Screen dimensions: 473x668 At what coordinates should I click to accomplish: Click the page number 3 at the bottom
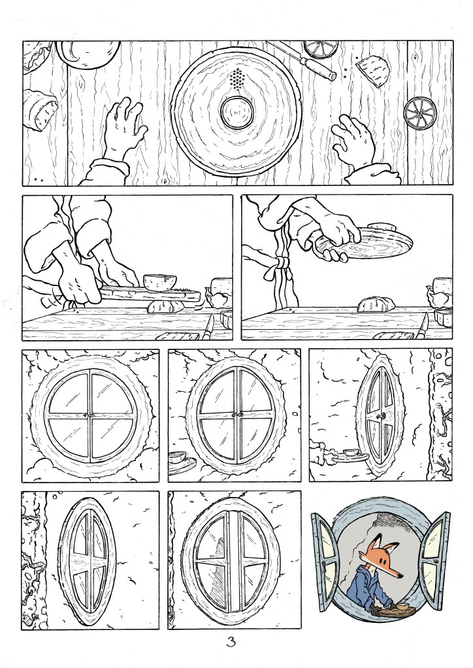click(231, 642)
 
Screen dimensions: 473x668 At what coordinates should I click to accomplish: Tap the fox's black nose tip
click(400, 577)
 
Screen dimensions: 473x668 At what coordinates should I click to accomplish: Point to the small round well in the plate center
click(238, 112)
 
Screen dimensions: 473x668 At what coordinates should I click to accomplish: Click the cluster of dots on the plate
click(237, 80)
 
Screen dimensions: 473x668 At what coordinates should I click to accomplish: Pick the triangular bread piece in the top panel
click(374, 70)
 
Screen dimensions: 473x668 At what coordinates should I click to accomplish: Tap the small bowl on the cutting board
click(160, 282)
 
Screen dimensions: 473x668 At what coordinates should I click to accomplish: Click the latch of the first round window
click(90, 415)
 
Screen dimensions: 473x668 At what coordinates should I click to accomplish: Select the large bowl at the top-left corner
click(88, 54)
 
